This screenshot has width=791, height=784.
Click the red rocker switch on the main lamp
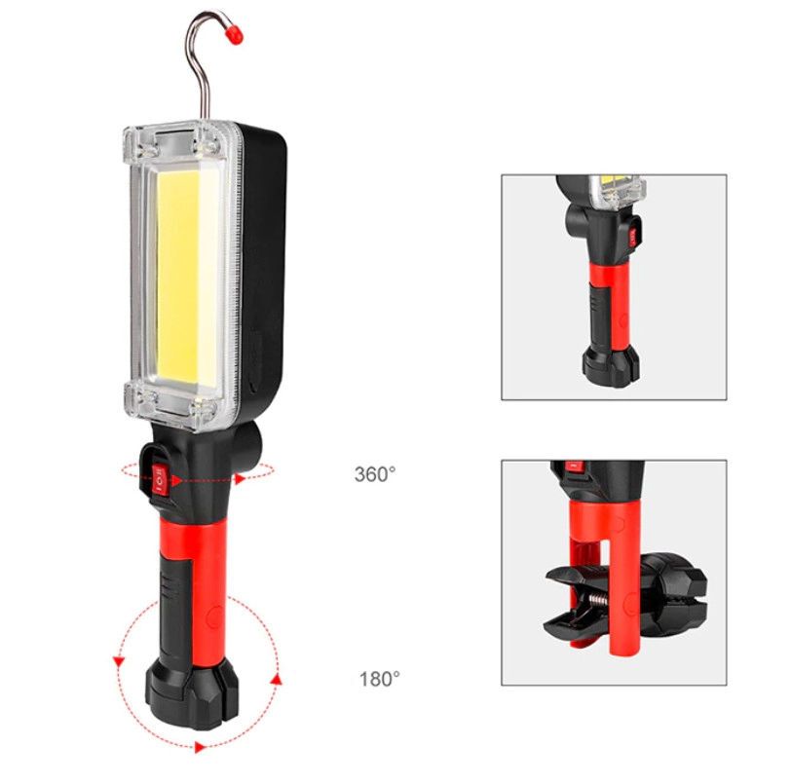pyautogui.click(x=159, y=479)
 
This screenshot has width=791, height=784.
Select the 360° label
pyautogui.click(x=375, y=474)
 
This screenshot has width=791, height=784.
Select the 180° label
pyautogui.click(x=379, y=679)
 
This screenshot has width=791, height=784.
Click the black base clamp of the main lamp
pyautogui.click(x=191, y=697)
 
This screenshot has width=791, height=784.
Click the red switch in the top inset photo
pyautogui.click(x=632, y=237)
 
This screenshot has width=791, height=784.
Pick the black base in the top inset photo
pyautogui.click(x=612, y=363)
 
